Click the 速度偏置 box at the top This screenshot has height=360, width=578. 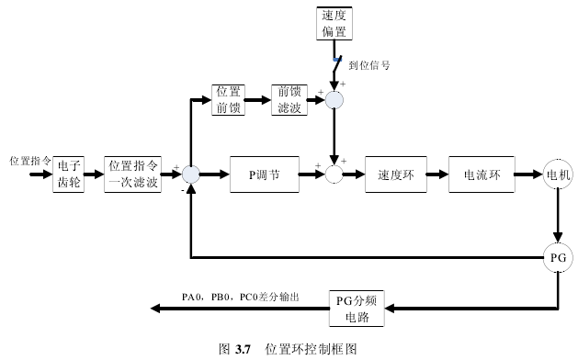click(x=334, y=23)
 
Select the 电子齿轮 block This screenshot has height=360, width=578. click(x=70, y=174)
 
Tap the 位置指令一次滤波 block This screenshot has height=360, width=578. click(x=133, y=174)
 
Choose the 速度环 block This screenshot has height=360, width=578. click(x=396, y=174)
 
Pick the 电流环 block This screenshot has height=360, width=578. click(x=480, y=174)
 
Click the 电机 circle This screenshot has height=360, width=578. click(x=557, y=174)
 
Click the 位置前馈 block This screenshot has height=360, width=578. click(x=228, y=99)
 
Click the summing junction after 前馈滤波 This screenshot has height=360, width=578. click(x=334, y=100)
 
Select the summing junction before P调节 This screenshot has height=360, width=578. click(x=190, y=174)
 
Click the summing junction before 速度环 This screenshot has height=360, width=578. click(x=334, y=174)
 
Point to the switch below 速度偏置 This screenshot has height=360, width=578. click(x=335, y=64)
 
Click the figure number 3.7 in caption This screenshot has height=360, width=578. click(x=243, y=349)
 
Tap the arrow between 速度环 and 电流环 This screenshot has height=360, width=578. click(x=438, y=174)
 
